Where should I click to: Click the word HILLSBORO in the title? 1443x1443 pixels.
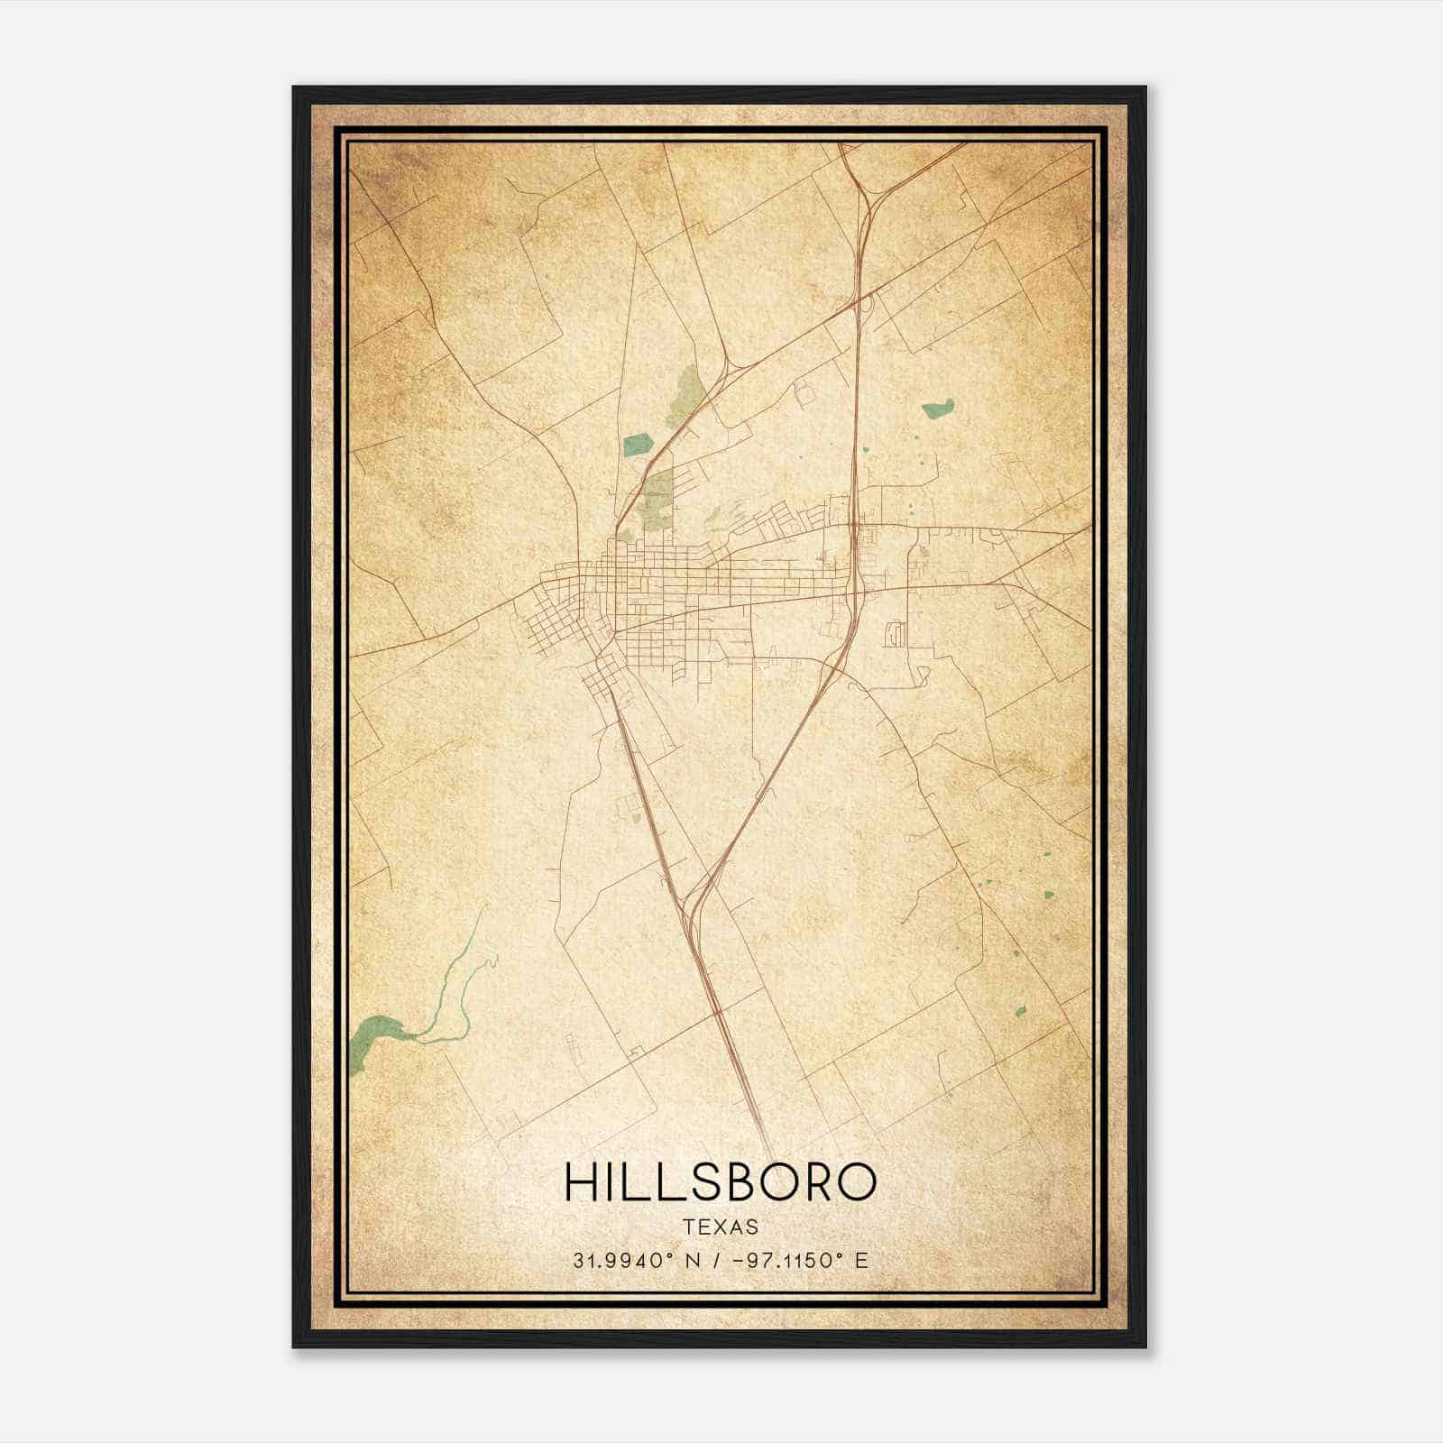point(720,1181)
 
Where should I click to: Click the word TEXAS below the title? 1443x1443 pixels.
point(721,1227)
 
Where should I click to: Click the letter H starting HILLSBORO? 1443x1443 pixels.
point(580,1181)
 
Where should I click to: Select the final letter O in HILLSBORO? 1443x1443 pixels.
point(857,1181)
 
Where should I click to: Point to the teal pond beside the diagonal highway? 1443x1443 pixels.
point(638,444)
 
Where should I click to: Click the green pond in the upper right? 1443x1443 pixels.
point(938,409)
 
